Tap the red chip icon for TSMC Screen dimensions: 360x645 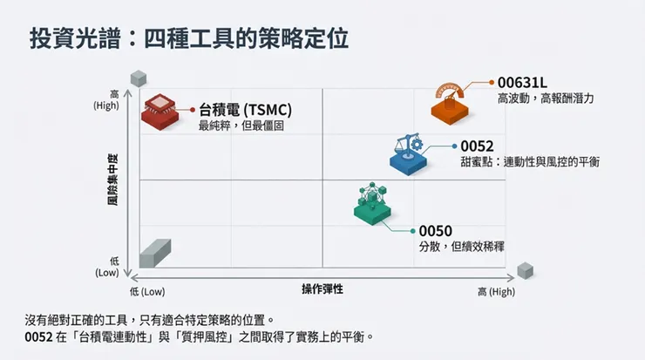160,111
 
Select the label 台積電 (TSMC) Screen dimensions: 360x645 245,110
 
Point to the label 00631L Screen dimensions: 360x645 521,82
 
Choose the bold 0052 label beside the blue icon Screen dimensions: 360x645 477,146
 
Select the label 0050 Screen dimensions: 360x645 435,230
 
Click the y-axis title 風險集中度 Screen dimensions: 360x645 112,180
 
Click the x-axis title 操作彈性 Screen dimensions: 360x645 322,289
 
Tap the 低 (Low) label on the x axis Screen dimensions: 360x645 147,291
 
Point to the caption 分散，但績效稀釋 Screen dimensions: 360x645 461,247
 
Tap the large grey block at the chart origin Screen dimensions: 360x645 153,254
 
